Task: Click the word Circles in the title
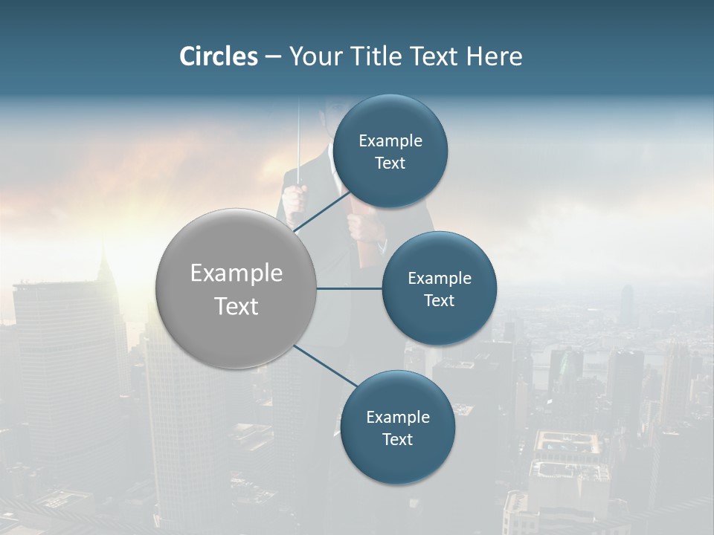point(219,56)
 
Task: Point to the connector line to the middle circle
point(350,288)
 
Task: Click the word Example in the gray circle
point(237,273)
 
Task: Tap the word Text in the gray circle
point(237,306)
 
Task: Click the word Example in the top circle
point(390,141)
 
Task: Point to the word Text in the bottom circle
point(398,439)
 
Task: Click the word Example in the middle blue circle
point(440,279)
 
